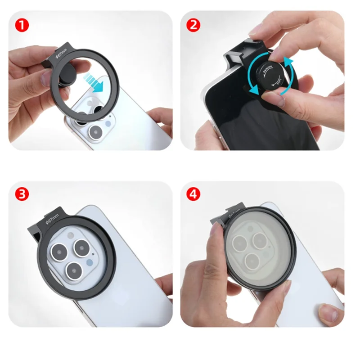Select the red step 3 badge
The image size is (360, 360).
pos(20,194)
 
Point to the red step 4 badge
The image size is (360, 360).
pos(193,194)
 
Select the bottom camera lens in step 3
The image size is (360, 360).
pos(71,270)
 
